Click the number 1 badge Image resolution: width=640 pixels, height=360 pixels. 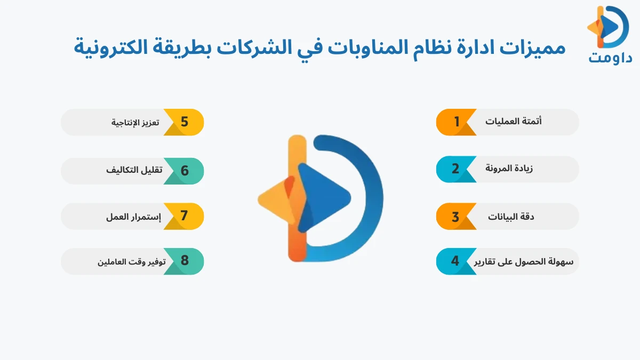(x=457, y=122)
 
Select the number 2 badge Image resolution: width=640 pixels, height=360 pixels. (x=455, y=169)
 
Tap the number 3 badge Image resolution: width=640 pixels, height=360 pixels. (x=455, y=217)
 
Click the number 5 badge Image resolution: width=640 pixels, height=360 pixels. (x=184, y=122)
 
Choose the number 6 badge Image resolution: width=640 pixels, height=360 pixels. (x=185, y=171)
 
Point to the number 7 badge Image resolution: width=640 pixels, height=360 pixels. (x=184, y=216)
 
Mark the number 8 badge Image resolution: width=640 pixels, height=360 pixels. (x=185, y=261)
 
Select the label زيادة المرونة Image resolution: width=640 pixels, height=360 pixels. (x=509, y=169)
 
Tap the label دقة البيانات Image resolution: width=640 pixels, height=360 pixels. (x=511, y=217)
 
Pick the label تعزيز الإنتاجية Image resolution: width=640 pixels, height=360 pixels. (x=135, y=122)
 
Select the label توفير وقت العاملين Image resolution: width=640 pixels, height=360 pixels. (x=132, y=261)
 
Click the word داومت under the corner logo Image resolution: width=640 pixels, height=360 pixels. (x=610, y=57)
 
